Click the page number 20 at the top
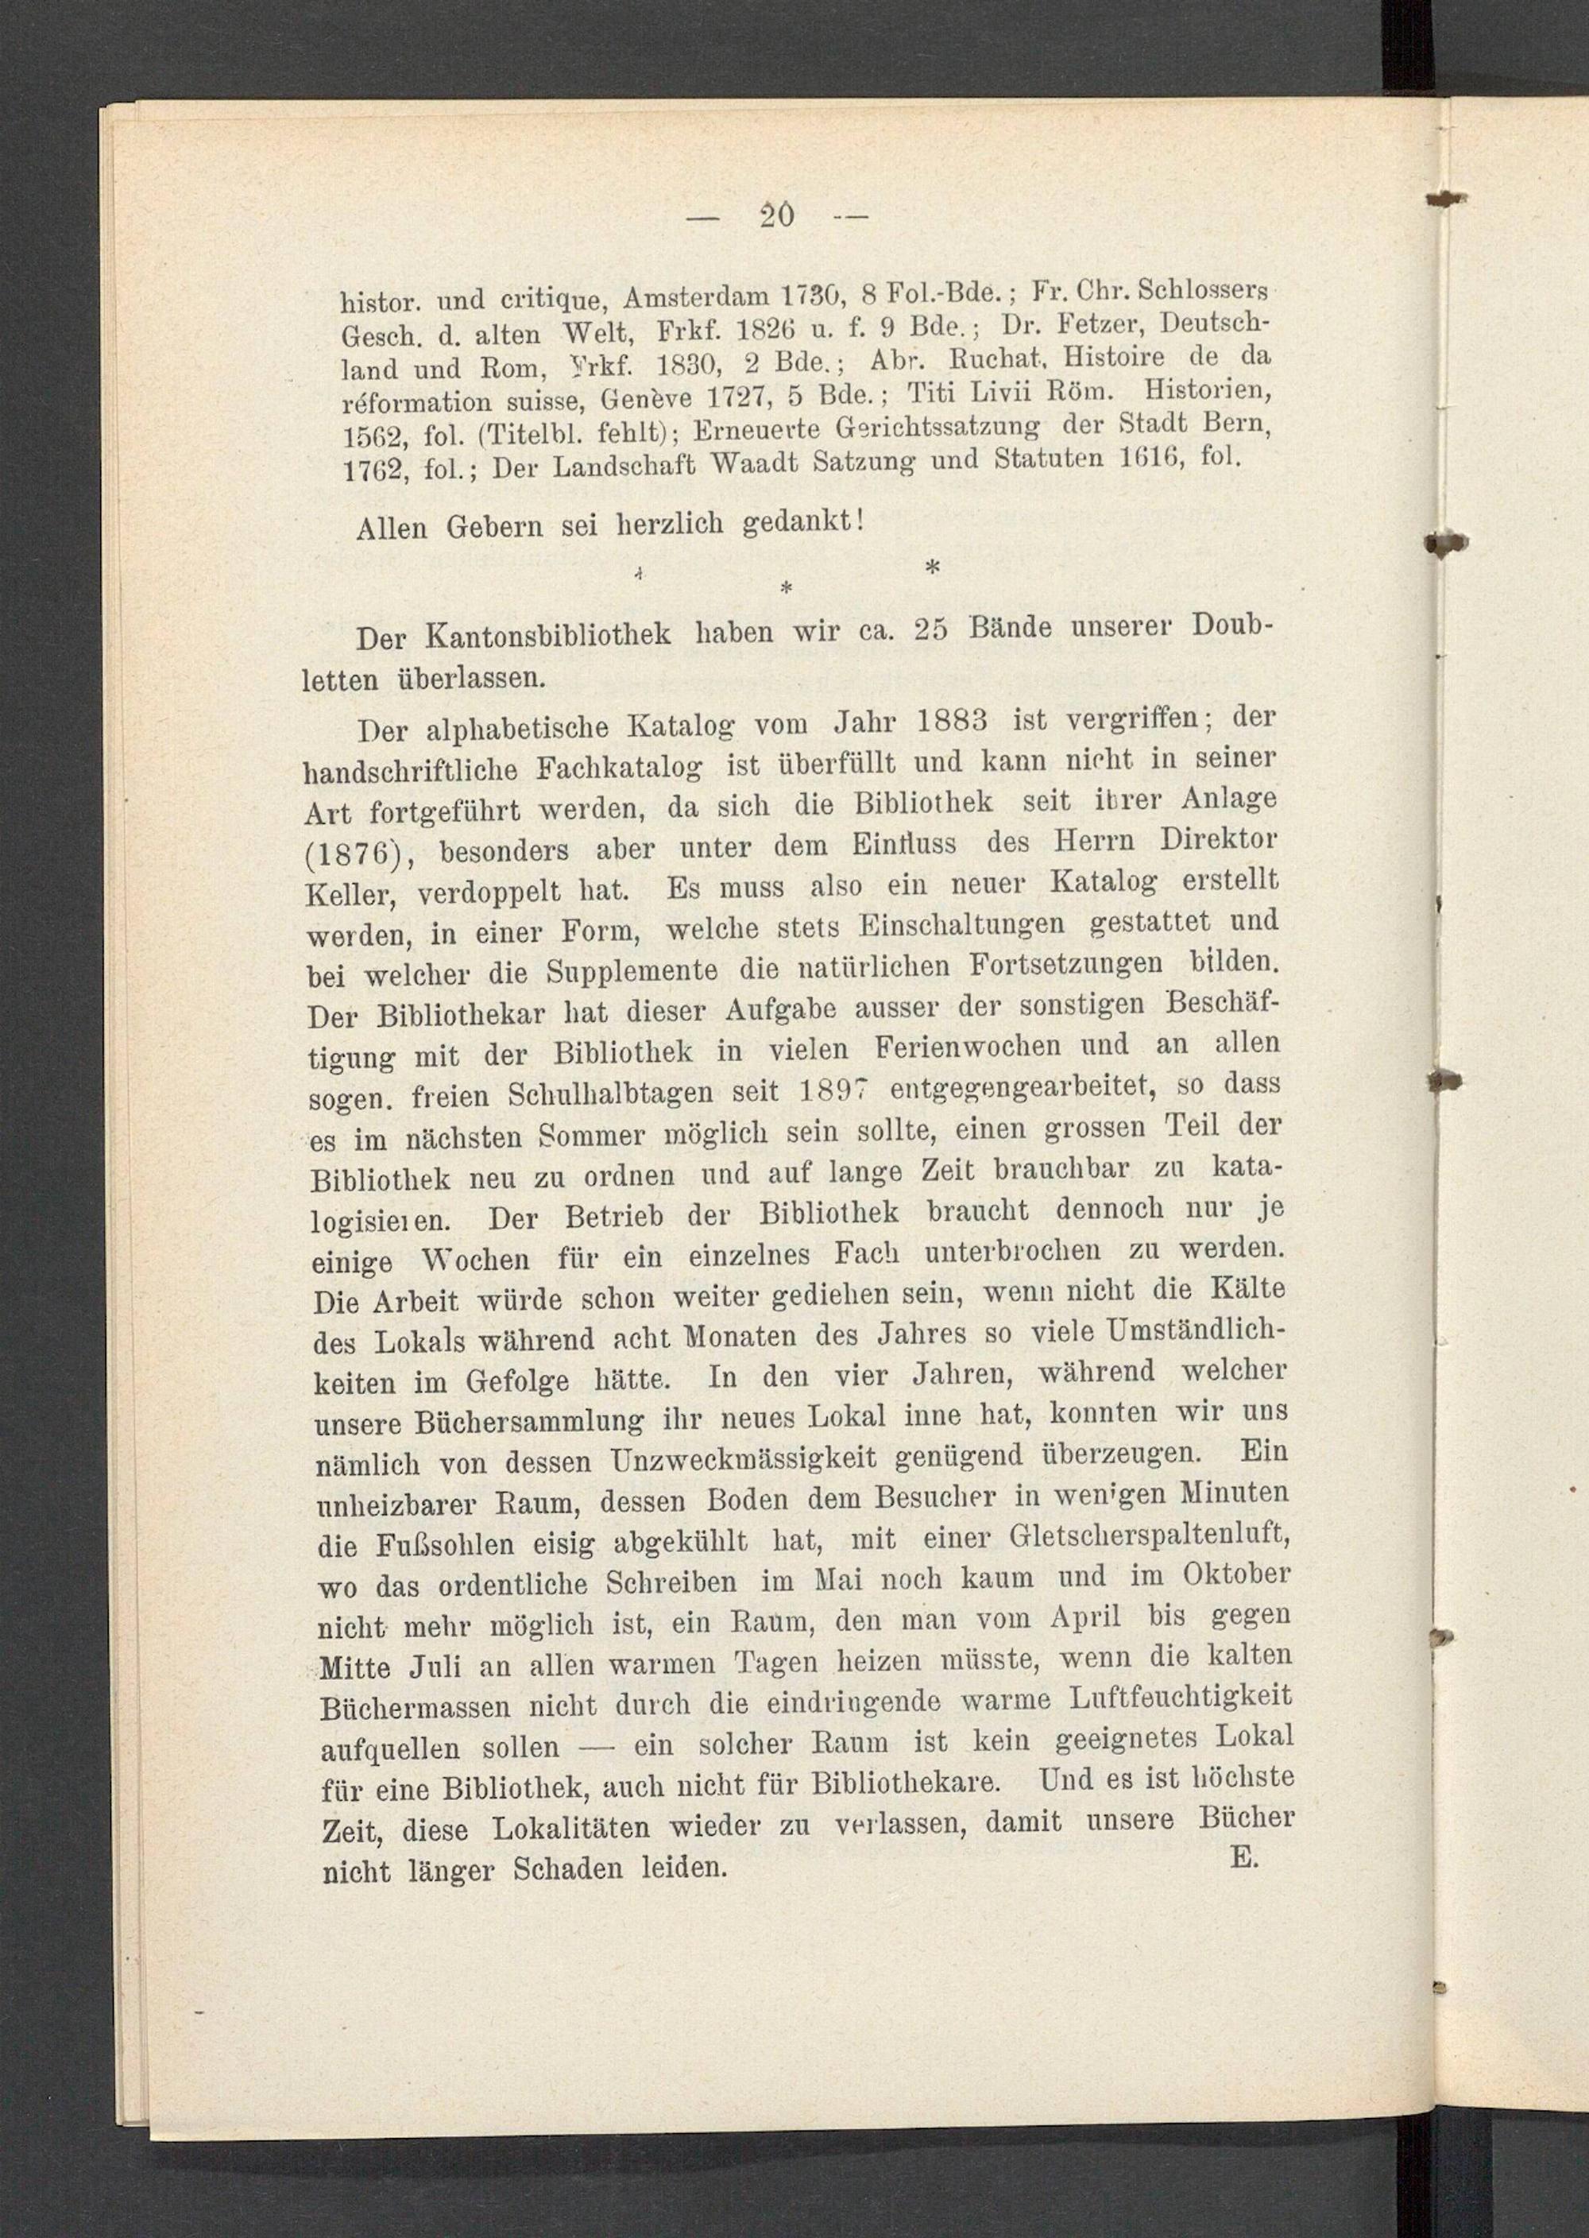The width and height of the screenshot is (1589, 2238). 776,215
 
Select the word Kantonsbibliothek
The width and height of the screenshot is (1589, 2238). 549,635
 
